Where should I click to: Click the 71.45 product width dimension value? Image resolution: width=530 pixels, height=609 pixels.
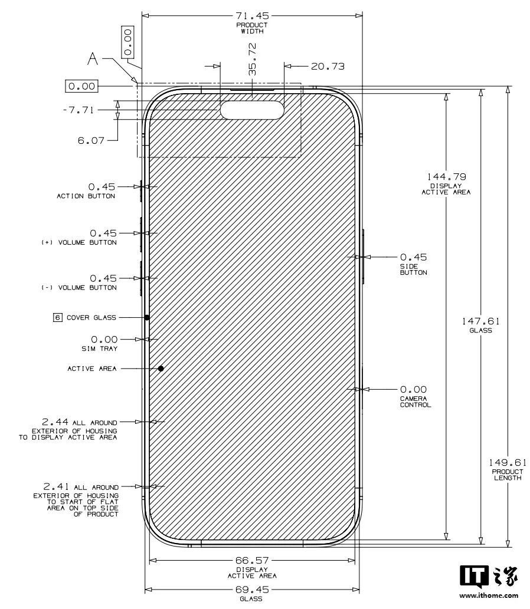click(252, 16)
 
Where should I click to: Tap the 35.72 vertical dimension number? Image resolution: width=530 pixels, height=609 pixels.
click(253, 59)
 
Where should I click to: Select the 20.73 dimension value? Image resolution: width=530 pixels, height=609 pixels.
click(328, 67)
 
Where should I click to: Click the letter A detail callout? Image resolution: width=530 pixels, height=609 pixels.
click(93, 59)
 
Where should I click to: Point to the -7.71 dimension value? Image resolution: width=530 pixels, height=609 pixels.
click(78, 110)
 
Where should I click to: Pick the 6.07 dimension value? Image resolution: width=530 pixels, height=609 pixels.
click(91, 140)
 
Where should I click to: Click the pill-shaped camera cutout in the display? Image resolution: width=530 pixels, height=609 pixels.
click(252, 110)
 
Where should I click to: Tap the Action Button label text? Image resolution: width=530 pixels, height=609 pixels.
click(86, 196)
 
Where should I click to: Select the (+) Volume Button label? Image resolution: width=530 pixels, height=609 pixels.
click(79, 242)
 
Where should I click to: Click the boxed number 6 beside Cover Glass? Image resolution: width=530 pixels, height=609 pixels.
click(58, 318)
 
